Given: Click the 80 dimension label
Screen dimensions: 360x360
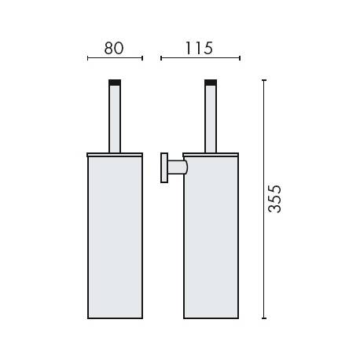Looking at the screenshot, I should (x=114, y=48).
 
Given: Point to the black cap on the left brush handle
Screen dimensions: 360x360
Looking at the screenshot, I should (x=115, y=82).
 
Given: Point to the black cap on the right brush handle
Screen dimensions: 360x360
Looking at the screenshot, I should (x=211, y=82).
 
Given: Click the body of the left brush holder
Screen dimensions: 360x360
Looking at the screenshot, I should (x=115, y=236).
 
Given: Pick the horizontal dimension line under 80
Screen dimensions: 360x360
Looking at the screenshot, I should (x=114, y=58).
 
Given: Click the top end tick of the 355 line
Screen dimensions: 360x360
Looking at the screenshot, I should (x=263, y=79).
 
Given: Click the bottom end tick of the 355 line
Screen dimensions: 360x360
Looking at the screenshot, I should (x=263, y=318).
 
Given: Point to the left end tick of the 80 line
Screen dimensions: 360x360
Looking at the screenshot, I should (x=87, y=58).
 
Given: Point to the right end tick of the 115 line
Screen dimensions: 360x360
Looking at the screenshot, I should (x=240, y=58).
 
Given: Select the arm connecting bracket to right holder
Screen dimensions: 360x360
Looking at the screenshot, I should (x=179, y=167).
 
